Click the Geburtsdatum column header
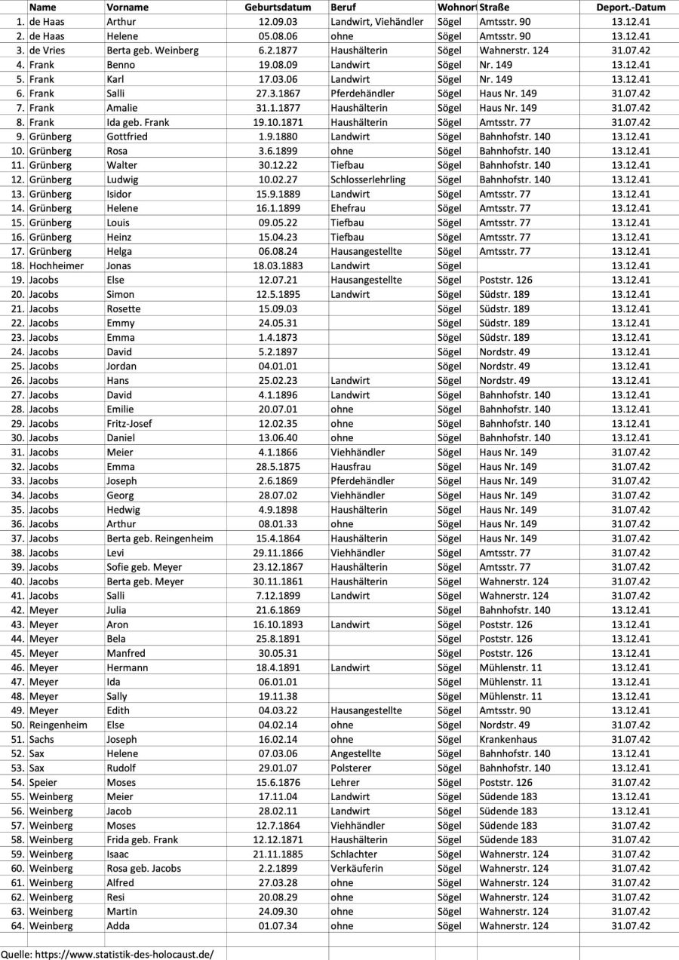click(x=278, y=8)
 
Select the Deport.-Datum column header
click(x=630, y=8)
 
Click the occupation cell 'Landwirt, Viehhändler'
click(x=376, y=22)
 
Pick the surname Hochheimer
click(x=57, y=265)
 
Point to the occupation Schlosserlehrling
click(x=367, y=179)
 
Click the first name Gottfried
click(x=127, y=136)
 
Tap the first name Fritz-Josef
click(x=129, y=424)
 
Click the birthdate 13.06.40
click(x=278, y=438)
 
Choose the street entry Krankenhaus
click(x=508, y=739)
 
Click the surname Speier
click(x=45, y=782)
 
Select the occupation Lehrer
click(x=345, y=782)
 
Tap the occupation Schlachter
click(x=353, y=854)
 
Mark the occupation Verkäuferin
click(x=356, y=869)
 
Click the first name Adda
click(x=118, y=926)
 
